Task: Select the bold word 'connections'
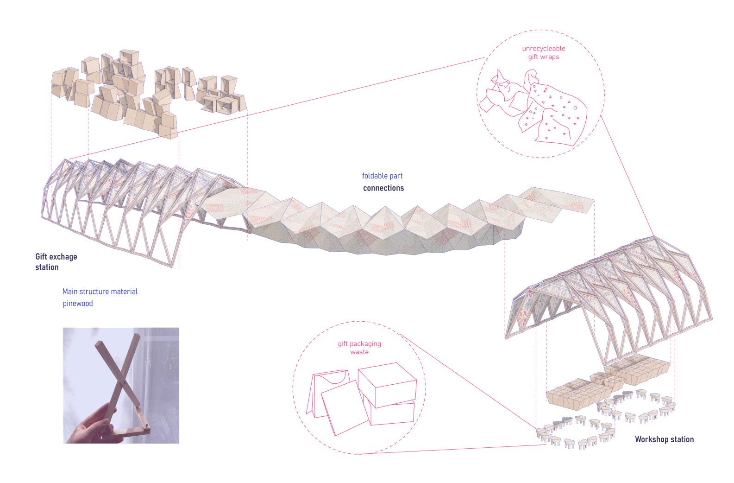[383, 188]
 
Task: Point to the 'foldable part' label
[382, 176]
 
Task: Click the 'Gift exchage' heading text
[56, 256]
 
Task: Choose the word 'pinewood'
[78, 304]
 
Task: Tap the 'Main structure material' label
[100, 292]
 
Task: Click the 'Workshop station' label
[664, 439]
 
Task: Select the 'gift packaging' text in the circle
[359, 343]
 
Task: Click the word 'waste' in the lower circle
[359, 352]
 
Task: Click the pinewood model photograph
[121, 385]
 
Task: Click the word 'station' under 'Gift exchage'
[47, 267]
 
